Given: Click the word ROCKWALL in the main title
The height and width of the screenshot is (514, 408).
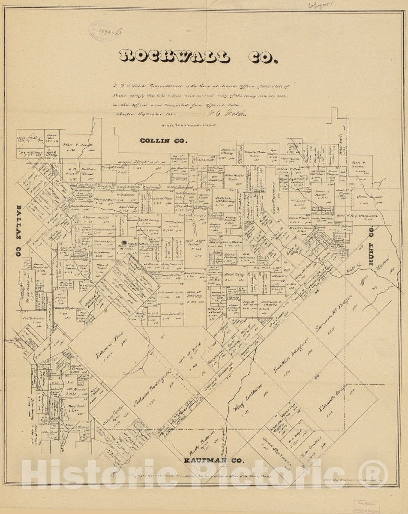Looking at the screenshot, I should (174, 57).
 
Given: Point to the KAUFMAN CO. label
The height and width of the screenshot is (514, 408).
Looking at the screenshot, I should (214, 461).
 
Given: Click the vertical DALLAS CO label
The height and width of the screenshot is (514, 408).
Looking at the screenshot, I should (19, 230).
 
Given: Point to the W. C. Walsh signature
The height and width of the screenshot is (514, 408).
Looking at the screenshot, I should (222, 114).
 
